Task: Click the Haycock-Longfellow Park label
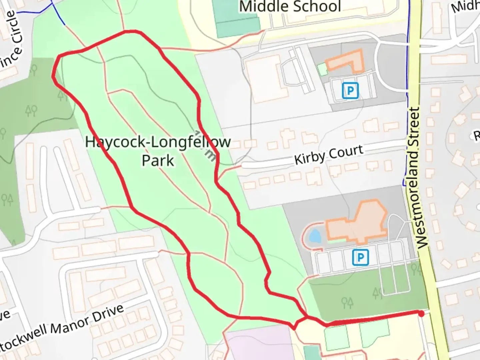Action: coord(158,151)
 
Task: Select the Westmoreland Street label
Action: coord(417,178)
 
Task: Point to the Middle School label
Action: coord(290,7)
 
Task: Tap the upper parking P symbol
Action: coord(350,90)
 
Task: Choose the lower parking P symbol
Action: coord(360,257)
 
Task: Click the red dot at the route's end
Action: coord(421,314)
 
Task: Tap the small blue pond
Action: coord(315,236)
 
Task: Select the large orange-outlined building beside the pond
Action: coord(358,223)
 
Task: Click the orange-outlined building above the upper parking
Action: coord(345,61)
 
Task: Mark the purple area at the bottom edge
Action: coord(257,347)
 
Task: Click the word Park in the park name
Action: coord(158,160)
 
